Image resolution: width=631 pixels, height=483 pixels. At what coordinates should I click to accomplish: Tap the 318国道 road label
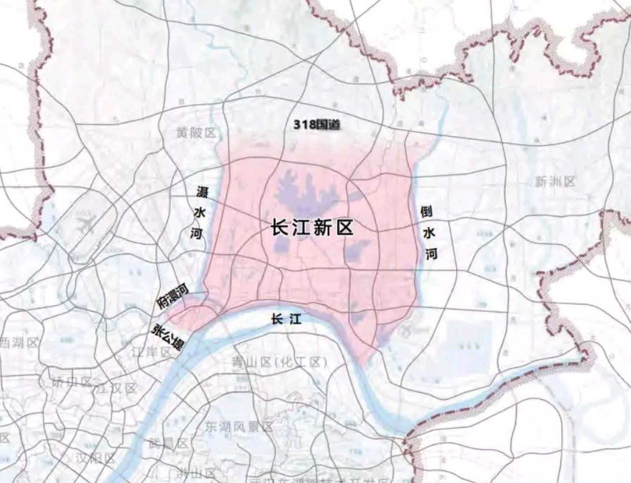317,125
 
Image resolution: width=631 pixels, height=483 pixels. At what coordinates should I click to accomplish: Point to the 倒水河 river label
428,233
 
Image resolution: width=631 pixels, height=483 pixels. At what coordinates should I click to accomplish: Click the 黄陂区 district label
195,133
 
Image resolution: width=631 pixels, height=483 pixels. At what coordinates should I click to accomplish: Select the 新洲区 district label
555,182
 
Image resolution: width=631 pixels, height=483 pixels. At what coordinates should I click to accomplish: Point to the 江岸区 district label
151,352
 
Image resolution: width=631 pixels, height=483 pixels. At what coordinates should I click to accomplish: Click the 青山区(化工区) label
279,363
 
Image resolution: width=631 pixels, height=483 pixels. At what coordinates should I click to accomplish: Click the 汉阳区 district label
94,458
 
